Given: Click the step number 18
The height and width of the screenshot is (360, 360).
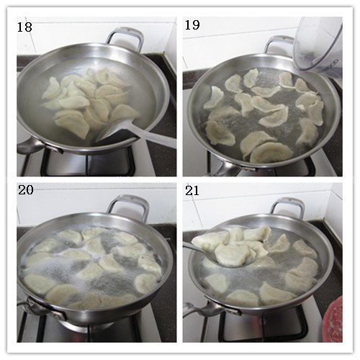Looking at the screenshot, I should (26, 27).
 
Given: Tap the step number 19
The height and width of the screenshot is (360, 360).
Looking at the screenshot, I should (193, 27).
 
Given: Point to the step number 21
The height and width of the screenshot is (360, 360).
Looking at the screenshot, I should (193, 192).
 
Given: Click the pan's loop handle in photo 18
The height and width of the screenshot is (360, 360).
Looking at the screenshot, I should (125, 35).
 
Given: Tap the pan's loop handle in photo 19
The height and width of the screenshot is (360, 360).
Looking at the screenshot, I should (279, 42).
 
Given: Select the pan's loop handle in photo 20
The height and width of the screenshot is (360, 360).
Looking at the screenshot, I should (127, 204).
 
